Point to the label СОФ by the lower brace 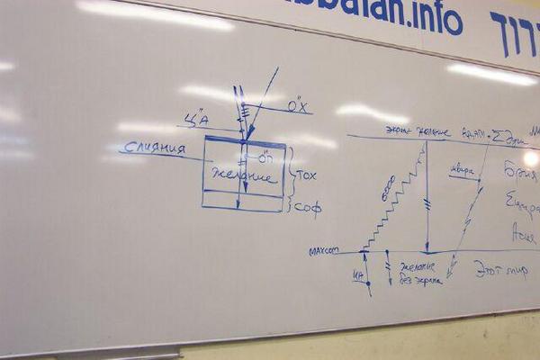click(309, 208)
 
